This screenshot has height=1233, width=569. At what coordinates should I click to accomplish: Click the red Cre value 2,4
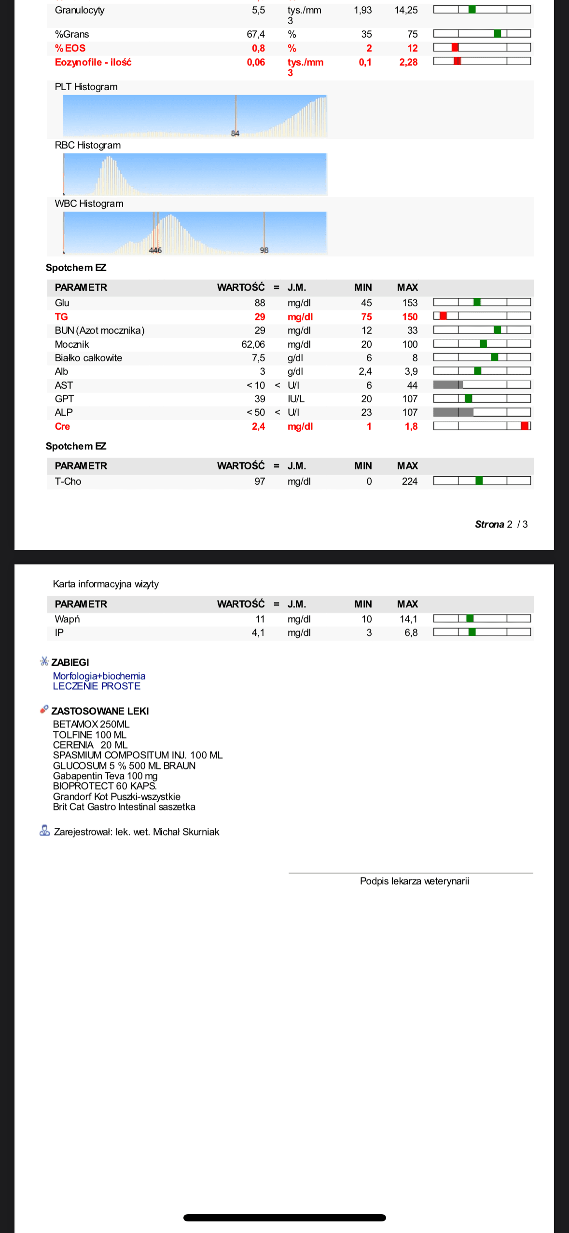(x=258, y=426)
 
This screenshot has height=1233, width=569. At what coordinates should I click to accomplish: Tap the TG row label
(x=61, y=317)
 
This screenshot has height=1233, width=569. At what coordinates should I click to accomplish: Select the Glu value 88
(x=260, y=303)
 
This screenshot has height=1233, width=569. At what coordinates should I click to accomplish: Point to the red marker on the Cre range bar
(x=525, y=426)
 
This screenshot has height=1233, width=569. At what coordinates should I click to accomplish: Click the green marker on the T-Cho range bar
(x=479, y=481)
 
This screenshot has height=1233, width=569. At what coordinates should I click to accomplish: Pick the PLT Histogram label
(x=86, y=87)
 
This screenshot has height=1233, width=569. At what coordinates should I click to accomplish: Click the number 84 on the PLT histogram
(x=235, y=134)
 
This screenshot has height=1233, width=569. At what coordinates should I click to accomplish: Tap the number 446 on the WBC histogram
(x=155, y=250)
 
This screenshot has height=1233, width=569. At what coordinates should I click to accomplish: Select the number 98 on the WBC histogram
(x=264, y=250)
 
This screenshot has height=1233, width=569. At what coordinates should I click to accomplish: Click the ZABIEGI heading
(x=70, y=662)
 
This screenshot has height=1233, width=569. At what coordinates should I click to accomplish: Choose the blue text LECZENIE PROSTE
(x=97, y=686)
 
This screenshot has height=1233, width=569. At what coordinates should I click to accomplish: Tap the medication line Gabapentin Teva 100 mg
(x=105, y=776)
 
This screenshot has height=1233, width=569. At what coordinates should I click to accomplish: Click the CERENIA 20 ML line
(x=90, y=745)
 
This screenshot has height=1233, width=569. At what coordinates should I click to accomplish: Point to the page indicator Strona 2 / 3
(x=501, y=524)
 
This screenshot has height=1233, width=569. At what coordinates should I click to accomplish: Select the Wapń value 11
(x=260, y=619)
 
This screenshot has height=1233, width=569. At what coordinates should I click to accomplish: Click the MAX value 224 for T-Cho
(x=409, y=481)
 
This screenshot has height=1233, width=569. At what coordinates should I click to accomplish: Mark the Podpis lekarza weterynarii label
(x=414, y=881)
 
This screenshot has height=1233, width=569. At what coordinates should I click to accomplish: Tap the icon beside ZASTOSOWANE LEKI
(x=44, y=710)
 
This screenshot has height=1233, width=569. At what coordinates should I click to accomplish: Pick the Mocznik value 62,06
(x=253, y=344)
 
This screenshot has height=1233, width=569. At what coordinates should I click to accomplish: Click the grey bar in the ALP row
(x=453, y=412)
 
